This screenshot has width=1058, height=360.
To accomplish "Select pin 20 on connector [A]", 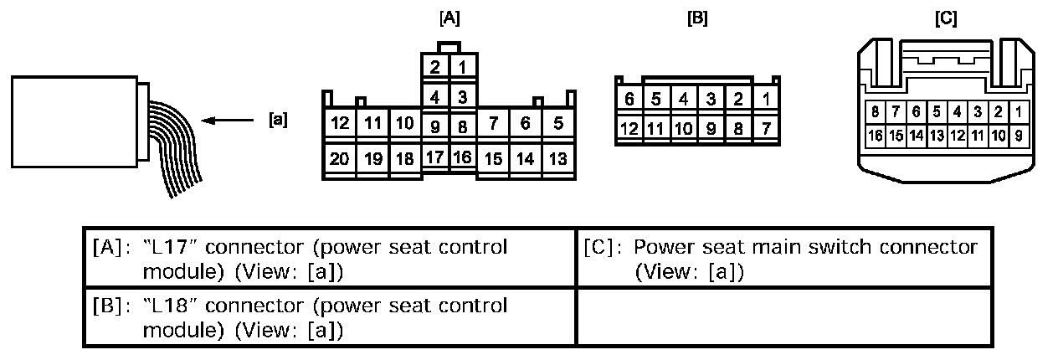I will click(340, 157).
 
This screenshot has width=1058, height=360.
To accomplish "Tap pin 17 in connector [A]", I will click(435, 157).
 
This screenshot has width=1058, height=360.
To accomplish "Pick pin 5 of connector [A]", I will click(558, 124).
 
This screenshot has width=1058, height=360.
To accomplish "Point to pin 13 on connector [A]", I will click(558, 157).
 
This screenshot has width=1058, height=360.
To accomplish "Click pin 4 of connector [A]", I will click(435, 97).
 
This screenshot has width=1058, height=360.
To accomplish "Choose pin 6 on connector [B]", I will click(629, 99).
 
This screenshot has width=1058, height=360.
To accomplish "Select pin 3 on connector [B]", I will click(710, 99).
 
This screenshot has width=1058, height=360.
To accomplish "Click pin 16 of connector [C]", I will click(875, 134).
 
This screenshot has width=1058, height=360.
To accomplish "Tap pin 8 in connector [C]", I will click(875, 111).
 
